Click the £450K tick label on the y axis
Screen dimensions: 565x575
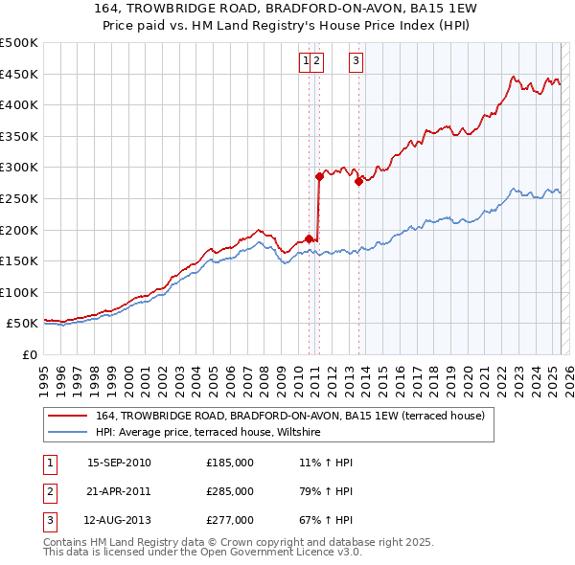pos(19,74)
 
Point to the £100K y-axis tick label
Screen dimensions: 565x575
pos(19,292)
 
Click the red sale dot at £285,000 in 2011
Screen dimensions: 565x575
pos(319,176)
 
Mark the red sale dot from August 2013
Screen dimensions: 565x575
pos(357,181)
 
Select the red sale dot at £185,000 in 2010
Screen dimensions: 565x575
pos(309,238)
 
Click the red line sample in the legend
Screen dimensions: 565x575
pos(67,416)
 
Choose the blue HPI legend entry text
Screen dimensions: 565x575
pos(211,433)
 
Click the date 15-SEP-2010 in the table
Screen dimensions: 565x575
pos(119,463)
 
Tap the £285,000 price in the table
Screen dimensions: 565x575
pos(230,491)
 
